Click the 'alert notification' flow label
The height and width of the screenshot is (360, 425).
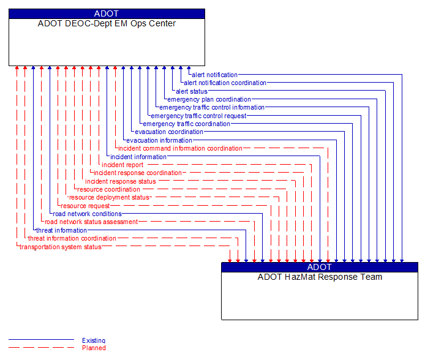pyautogui.click(x=214, y=75)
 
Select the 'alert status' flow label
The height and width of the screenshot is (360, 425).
pyautogui.click(x=192, y=91)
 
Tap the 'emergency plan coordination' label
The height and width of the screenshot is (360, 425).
pyautogui.click(x=209, y=99)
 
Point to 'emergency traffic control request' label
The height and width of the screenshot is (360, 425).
pyautogui.click(x=198, y=116)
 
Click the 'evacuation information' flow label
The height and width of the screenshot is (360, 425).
pyautogui.click(x=159, y=140)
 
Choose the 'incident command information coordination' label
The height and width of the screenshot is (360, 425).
pyautogui.click(x=180, y=148)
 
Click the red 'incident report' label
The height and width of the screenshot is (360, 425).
pyautogui.click(x=122, y=165)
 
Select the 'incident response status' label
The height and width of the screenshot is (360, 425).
pyautogui.click(x=121, y=181)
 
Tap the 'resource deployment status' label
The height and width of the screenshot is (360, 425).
pyautogui.click(x=109, y=198)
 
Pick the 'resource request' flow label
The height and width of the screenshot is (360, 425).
pyautogui.click(x=85, y=206)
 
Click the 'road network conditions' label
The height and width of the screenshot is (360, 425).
pyautogui.click(x=87, y=214)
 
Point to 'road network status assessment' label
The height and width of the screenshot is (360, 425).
pyautogui.click(x=91, y=222)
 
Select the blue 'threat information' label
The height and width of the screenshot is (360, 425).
pyautogui.click(x=61, y=230)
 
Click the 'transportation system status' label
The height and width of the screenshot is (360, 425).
pyautogui.click(x=61, y=247)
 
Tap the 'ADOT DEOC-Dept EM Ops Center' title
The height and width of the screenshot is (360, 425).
pyautogui.click(x=107, y=24)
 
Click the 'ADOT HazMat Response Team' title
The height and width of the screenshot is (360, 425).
pyautogui.click(x=320, y=277)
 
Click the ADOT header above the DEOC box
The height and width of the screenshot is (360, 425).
pyautogui.click(x=107, y=13)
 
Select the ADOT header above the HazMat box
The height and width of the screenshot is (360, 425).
pyautogui.click(x=320, y=267)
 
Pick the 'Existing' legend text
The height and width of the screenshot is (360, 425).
pyautogui.click(x=94, y=340)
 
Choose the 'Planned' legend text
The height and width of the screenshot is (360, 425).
pyautogui.click(x=94, y=348)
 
